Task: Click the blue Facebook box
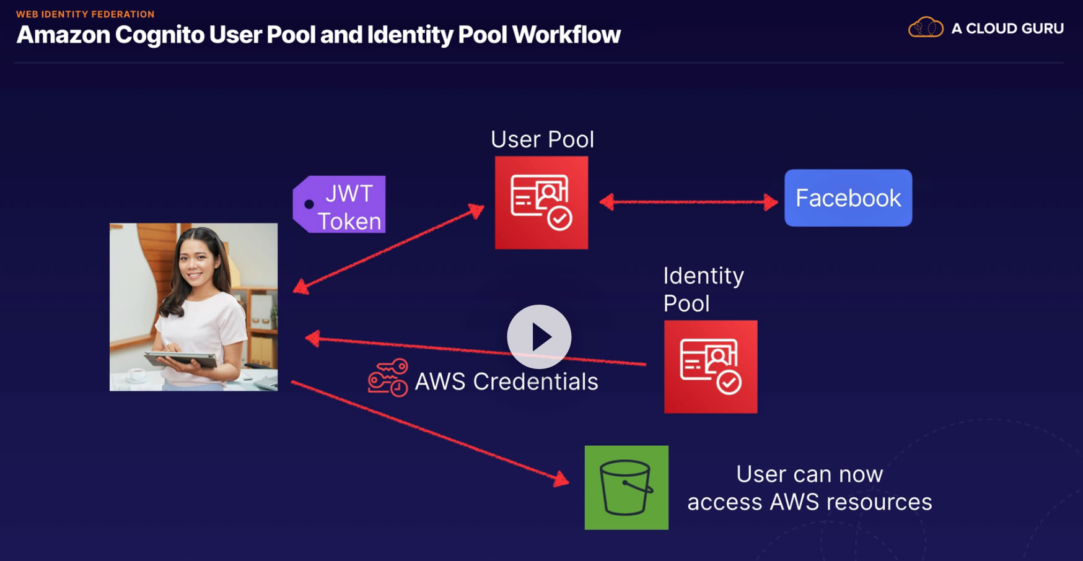click(x=848, y=198)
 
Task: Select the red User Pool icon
click(x=541, y=202)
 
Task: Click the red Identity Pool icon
click(x=710, y=367)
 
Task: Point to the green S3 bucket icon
click(x=626, y=487)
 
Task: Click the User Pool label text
click(x=542, y=139)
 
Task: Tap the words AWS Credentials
click(x=506, y=381)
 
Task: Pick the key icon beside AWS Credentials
click(x=388, y=378)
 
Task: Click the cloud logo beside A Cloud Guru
click(x=925, y=28)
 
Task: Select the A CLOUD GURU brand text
click(x=1007, y=28)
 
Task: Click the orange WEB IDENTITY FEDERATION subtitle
click(x=85, y=14)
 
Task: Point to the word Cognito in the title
click(x=159, y=35)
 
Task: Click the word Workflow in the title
click(x=566, y=35)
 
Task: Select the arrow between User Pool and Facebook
click(x=688, y=202)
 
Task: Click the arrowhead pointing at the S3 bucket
click(x=561, y=479)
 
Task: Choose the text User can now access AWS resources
click(x=809, y=488)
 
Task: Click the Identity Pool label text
click(x=703, y=289)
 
